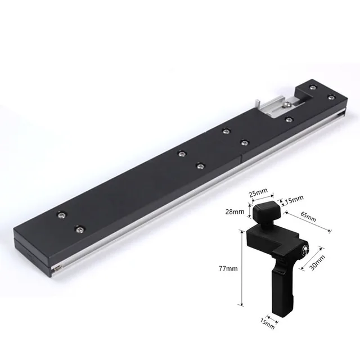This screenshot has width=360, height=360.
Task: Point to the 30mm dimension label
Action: click(x=319, y=260)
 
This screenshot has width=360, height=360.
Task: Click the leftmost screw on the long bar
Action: click(x=60, y=214)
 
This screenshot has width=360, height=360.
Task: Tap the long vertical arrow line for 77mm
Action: click(x=242, y=270)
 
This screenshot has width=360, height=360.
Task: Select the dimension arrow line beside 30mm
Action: click(x=313, y=259)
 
